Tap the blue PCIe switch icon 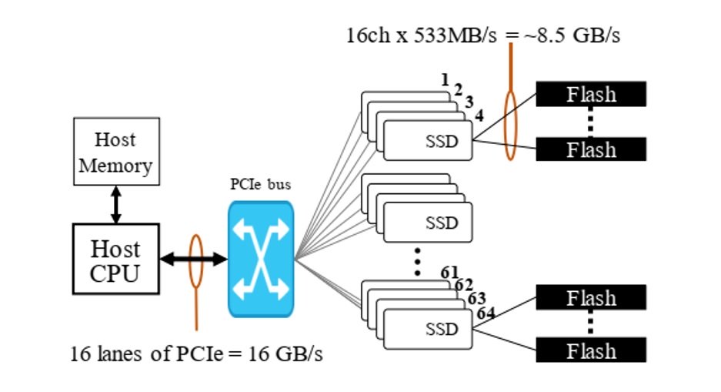[261, 259]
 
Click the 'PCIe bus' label [260, 185]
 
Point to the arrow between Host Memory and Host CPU [116, 205]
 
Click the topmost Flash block [591, 94]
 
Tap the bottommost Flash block [591, 350]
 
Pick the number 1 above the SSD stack [445, 79]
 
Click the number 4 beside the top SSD [479, 116]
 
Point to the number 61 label [449, 273]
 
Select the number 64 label [486, 313]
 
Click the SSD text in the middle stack [442, 223]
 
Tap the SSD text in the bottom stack [442, 330]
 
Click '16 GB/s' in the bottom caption [285, 353]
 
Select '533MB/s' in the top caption [456, 35]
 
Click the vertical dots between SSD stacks [417, 262]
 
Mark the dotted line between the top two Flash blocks [591, 122]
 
